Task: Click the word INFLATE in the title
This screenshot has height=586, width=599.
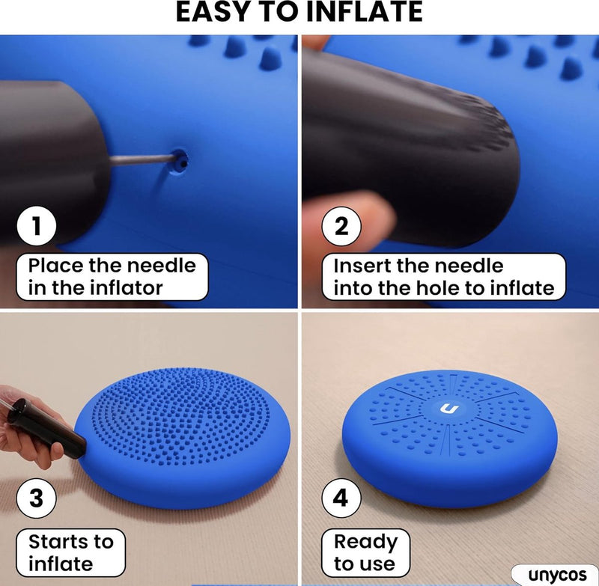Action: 364,12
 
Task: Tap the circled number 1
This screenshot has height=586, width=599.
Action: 37,225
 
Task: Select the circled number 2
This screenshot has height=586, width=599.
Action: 341,226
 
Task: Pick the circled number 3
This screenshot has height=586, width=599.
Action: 37,498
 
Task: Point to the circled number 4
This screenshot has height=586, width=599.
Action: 341,498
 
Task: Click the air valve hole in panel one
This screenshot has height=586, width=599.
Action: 179,161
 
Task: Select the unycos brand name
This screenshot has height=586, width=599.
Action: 557,575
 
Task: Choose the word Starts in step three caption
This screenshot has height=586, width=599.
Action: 59,542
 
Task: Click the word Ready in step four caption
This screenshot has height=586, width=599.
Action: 365,543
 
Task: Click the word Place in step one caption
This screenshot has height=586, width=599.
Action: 56,266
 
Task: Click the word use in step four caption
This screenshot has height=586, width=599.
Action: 378,564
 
